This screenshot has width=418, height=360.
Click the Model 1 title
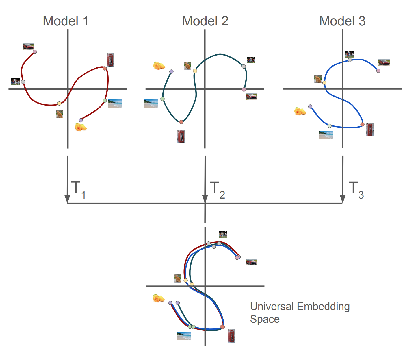pos(66,21)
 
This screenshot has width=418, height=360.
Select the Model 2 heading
pos(205,21)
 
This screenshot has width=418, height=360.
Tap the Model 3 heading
pos(342,21)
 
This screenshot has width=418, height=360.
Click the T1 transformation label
pos(78,190)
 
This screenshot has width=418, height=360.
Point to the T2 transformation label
pos(217,190)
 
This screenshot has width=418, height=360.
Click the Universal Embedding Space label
pos(300,313)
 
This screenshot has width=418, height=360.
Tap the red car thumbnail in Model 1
pos(28,47)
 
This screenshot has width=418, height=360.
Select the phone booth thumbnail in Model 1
pos(110,60)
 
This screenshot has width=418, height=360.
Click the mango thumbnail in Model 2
pos(159,66)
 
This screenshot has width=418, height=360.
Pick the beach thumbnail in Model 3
pos(326,135)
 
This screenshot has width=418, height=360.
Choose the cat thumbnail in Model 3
pos(318,79)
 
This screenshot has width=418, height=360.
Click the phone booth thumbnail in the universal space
pos(231,336)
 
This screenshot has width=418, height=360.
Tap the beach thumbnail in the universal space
pos(184,336)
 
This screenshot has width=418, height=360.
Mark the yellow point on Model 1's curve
pos(59,104)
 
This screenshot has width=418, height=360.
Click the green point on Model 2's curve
pos(162,99)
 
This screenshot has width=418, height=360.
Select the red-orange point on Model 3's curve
pos(362,124)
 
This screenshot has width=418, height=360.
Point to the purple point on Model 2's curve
pos(171,71)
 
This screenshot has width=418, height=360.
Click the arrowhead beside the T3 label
pos(343,199)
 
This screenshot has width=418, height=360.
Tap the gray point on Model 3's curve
pos(350,60)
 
